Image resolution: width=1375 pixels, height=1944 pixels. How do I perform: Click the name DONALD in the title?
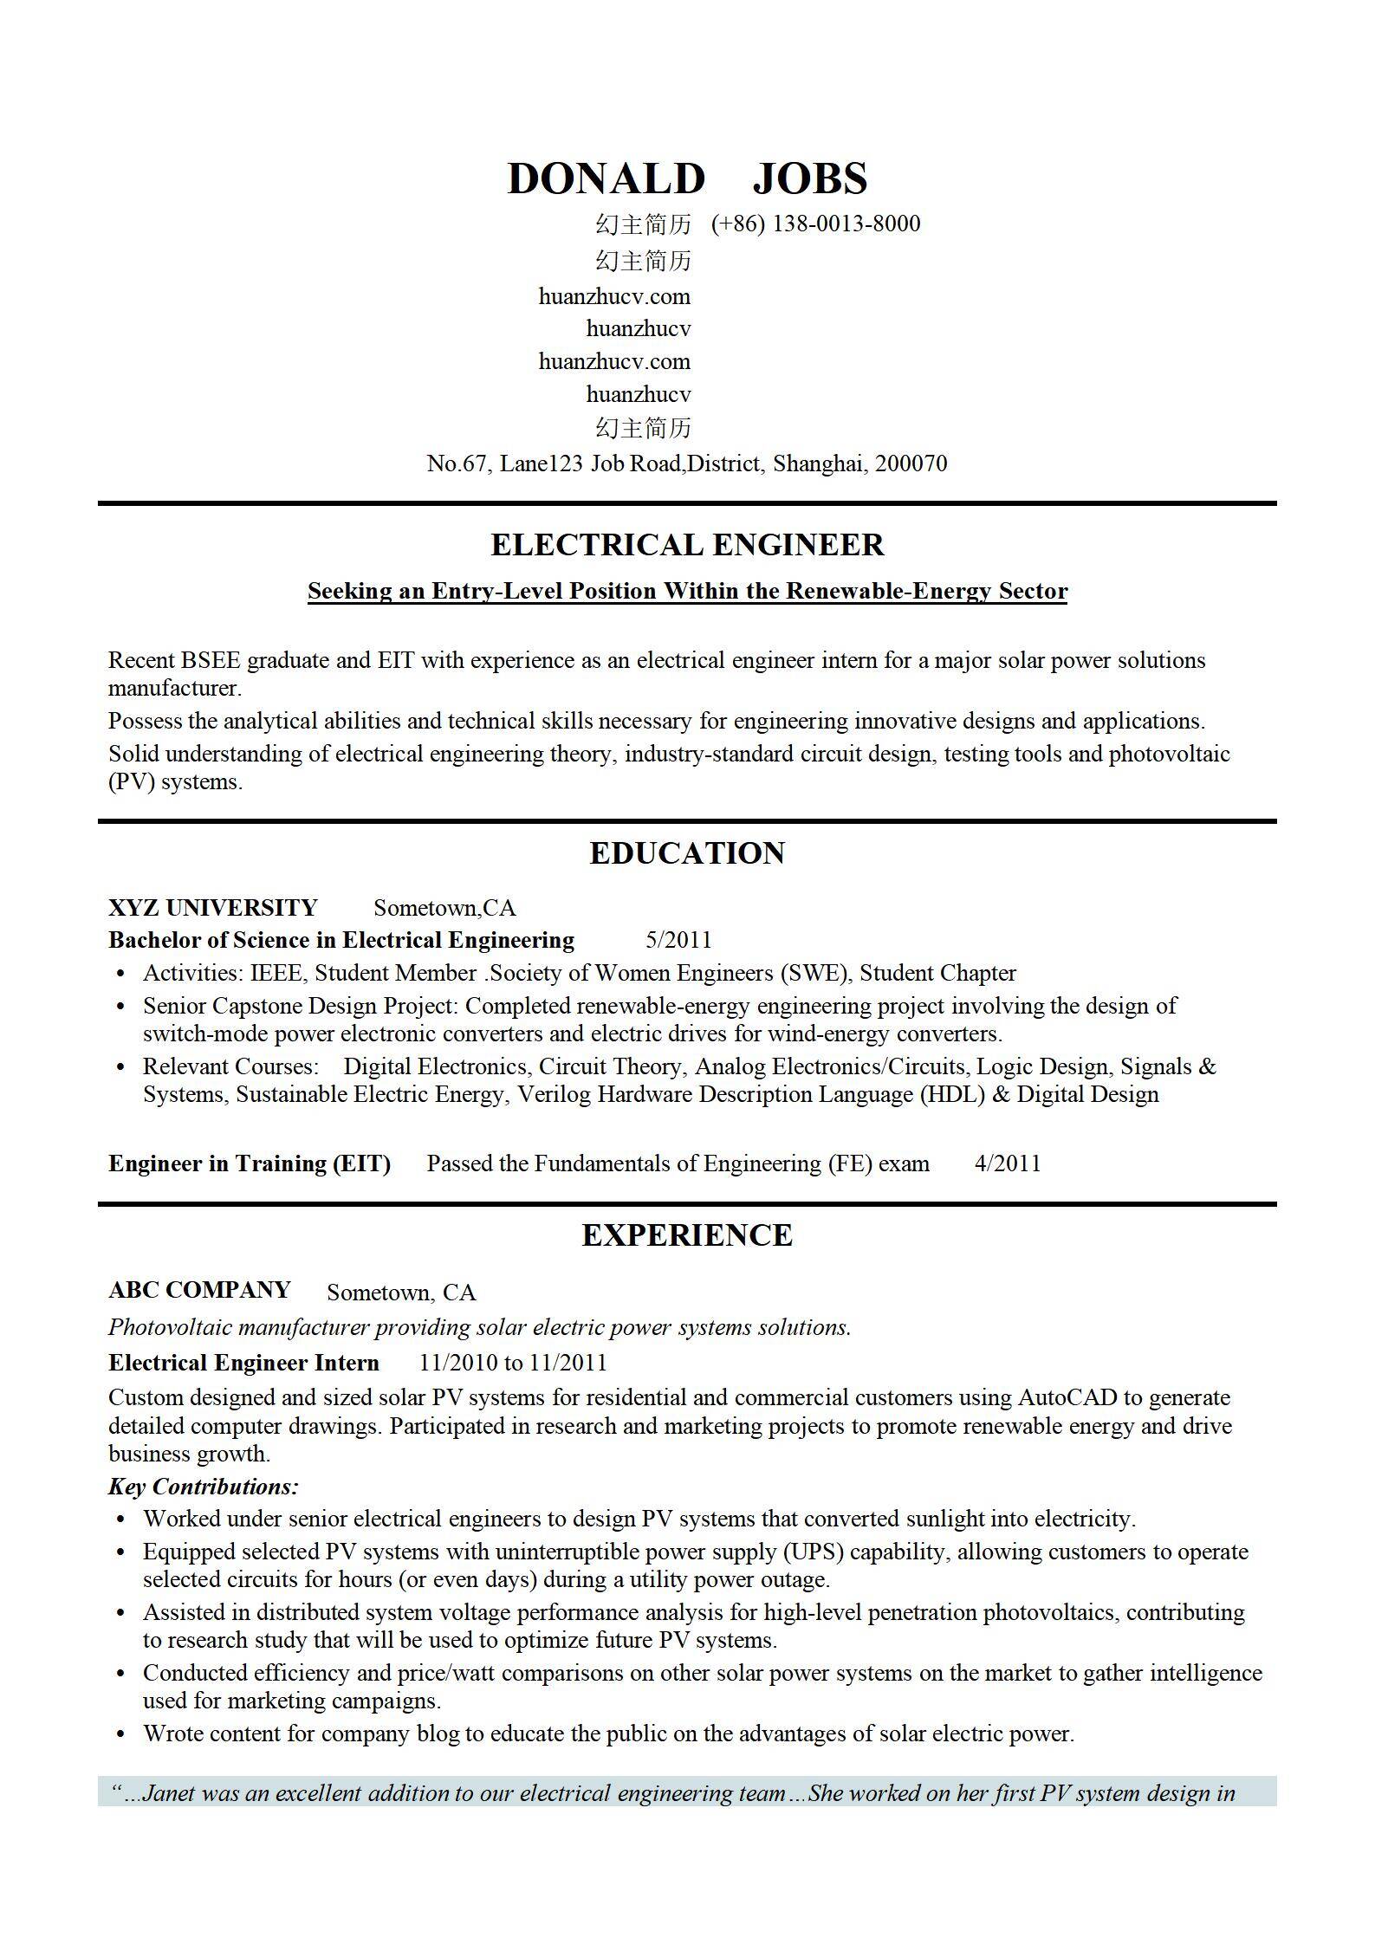pyautogui.click(x=606, y=179)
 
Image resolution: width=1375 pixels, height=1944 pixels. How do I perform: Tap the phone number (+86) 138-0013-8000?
pyautogui.click(x=815, y=224)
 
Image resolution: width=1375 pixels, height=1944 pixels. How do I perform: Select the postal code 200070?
pyautogui.click(x=911, y=463)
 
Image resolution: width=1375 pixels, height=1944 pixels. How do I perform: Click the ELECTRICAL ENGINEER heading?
pyautogui.click(x=687, y=545)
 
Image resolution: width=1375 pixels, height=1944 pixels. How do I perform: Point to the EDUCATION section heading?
pyautogui.click(x=687, y=853)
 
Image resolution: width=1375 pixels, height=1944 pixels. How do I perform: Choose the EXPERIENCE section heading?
pyautogui.click(x=687, y=1235)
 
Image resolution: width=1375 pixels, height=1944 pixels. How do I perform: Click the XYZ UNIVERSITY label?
pyautogui.click(x=213, y=908)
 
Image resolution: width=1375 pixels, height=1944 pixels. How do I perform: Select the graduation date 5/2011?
pyautogui.click(x=678, y=940)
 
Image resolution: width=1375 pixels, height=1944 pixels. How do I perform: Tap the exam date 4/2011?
pyautogui.click(x=1008, y=1163)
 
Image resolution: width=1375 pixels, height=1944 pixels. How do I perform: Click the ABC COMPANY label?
pyautogui.click(x=199, y=1290)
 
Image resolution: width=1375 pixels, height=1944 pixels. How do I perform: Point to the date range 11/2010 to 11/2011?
pyautogui.click(x=513, y=1363)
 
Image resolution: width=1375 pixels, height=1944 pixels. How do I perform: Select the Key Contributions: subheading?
pyautogui.click(x=204, y=1487)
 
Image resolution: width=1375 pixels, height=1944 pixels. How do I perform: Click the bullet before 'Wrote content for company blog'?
pyautogui.click(x=121, y=1734)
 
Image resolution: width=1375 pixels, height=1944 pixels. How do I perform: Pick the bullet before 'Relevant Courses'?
pyautogui.click(x=121, y=1067)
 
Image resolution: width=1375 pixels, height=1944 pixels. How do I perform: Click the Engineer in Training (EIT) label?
pyautogui.click(x=250, y=1163)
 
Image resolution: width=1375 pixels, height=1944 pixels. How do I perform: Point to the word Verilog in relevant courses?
pyautogui.click(x=555, y=1094)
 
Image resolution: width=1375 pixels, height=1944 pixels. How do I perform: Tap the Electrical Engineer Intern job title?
pyautogui.click(x=243, y=1363)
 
